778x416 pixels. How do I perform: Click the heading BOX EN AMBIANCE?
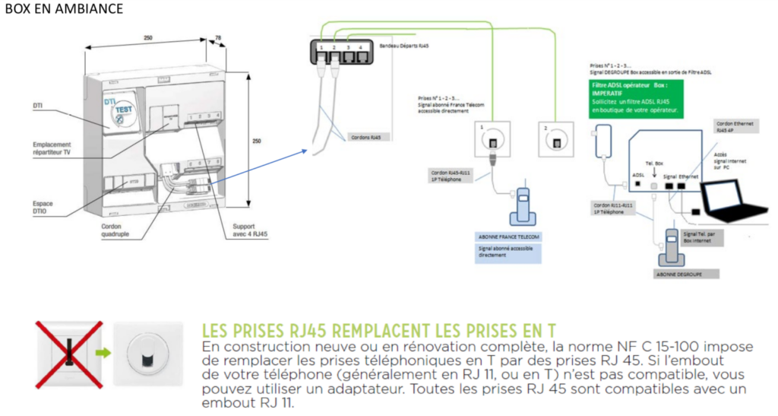(x=64, y=8)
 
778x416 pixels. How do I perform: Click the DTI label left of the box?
(x=38, y=104)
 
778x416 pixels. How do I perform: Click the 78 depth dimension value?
(x=219, y=37)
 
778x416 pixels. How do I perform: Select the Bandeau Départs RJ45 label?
(x=403, y=46)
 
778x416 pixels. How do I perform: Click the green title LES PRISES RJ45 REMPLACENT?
(x=378, y=332)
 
